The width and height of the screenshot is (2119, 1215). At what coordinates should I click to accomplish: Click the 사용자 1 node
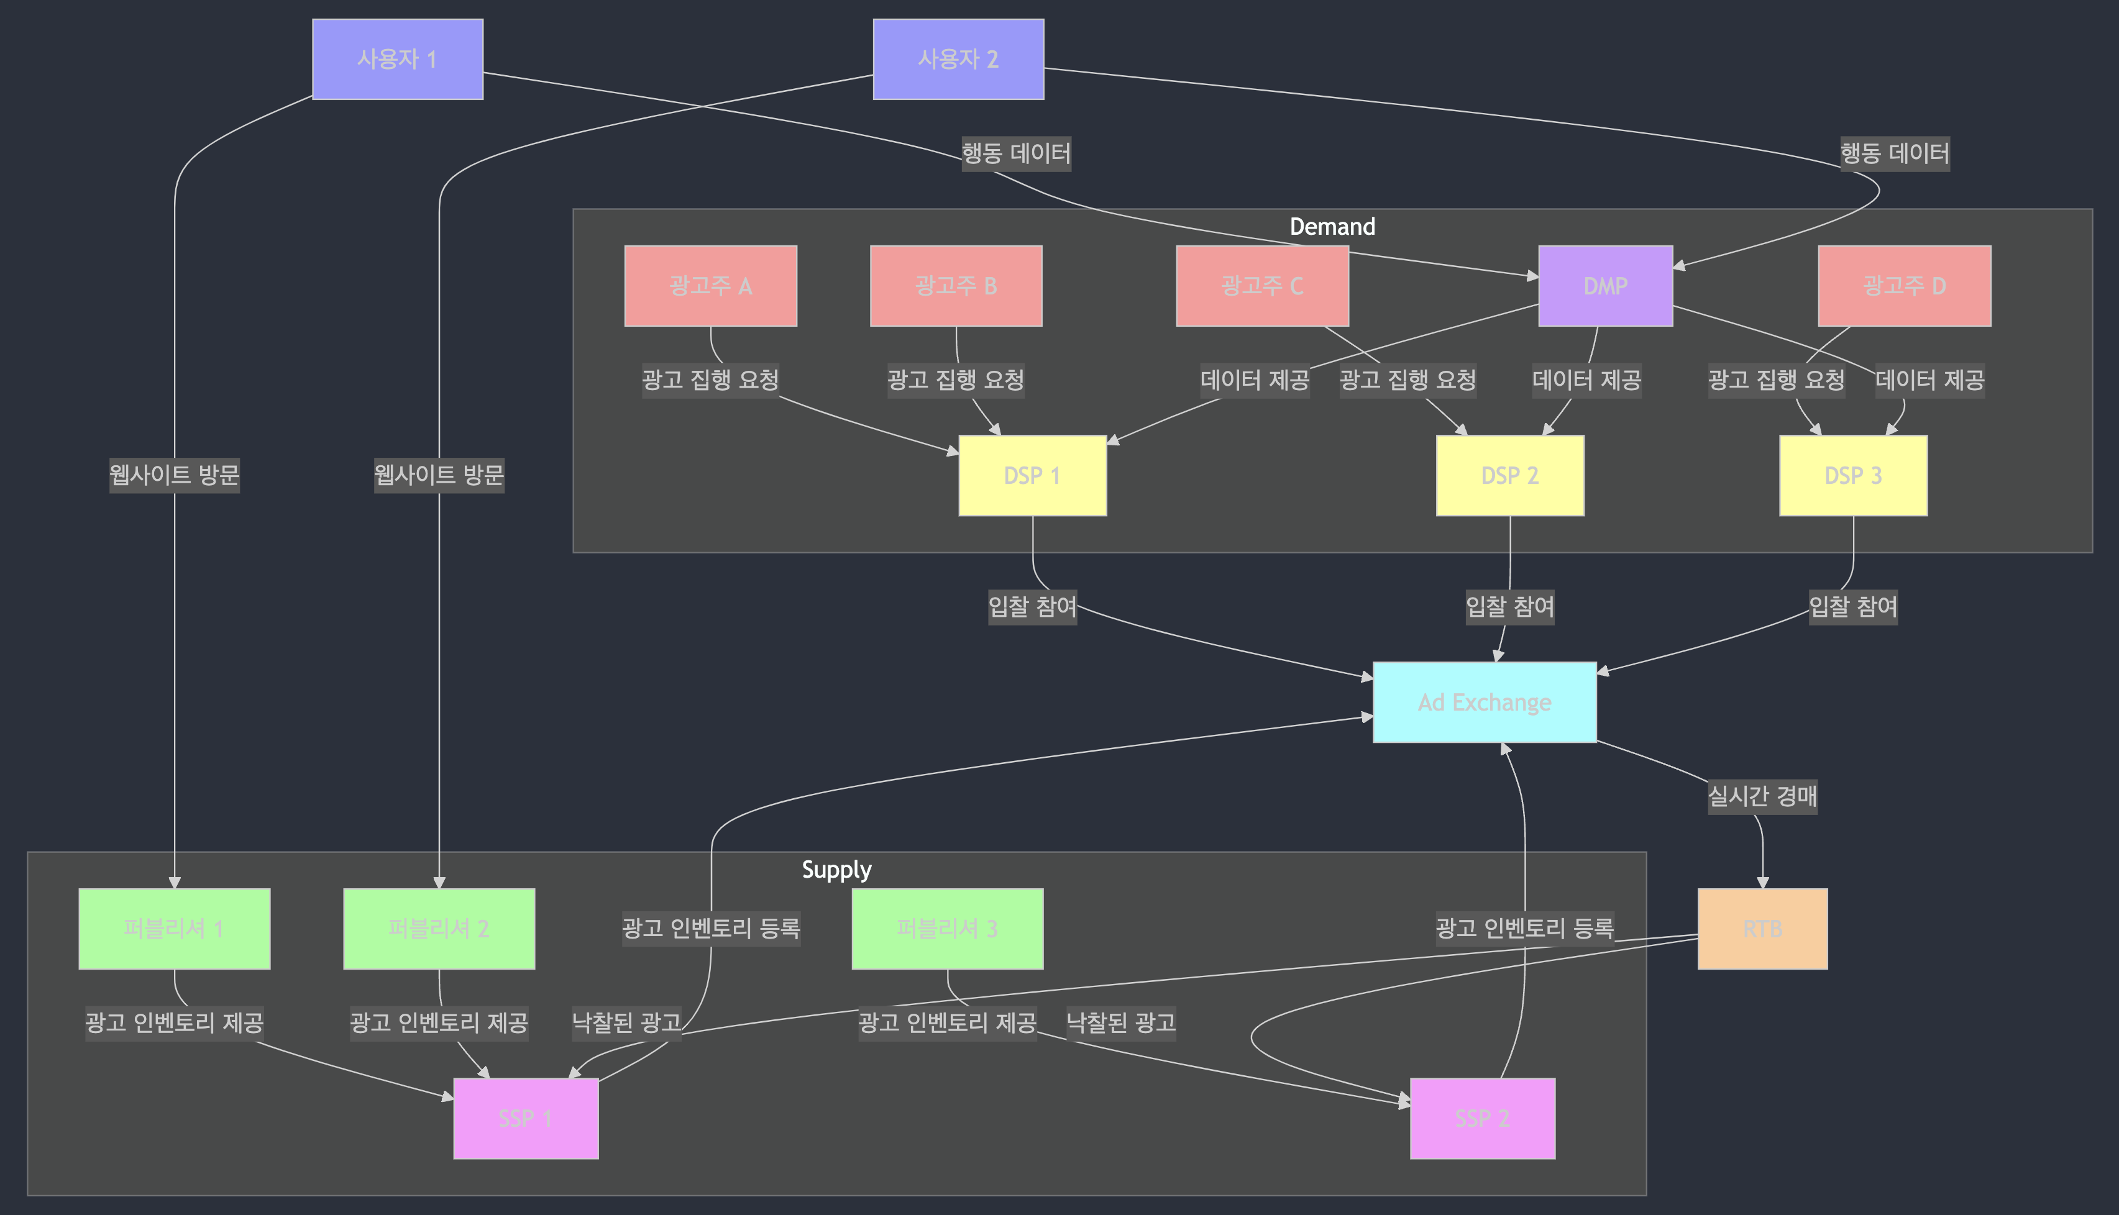[x=397, y=59]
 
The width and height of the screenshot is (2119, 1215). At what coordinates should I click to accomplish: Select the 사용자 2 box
[x=958, y=59]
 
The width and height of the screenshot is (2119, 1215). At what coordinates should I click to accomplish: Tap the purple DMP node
[x=1605, y=285]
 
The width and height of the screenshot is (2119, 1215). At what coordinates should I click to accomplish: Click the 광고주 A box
[x=710, y=285]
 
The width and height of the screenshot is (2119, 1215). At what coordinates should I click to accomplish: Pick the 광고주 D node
[x=1903, y=285]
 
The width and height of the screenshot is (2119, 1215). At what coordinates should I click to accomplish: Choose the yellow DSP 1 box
[x=1032, y=476]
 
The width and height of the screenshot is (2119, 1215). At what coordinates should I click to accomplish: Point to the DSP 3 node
[x=1853, y=476]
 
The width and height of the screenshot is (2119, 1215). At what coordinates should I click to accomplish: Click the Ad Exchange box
[x=1484, y=703]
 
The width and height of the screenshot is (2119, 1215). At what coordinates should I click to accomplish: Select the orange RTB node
[x=1762, y=929]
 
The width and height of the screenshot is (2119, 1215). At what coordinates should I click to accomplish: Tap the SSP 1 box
[x=526, y=1118]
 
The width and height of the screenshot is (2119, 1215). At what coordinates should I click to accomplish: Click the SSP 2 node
[x=1482, y=1118]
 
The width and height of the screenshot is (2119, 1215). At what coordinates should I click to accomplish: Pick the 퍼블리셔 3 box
[x=947, y=929]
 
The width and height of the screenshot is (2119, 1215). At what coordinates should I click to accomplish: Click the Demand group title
[x=1332, y=227]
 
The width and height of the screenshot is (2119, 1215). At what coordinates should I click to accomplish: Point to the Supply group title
[x=836, y=870]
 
